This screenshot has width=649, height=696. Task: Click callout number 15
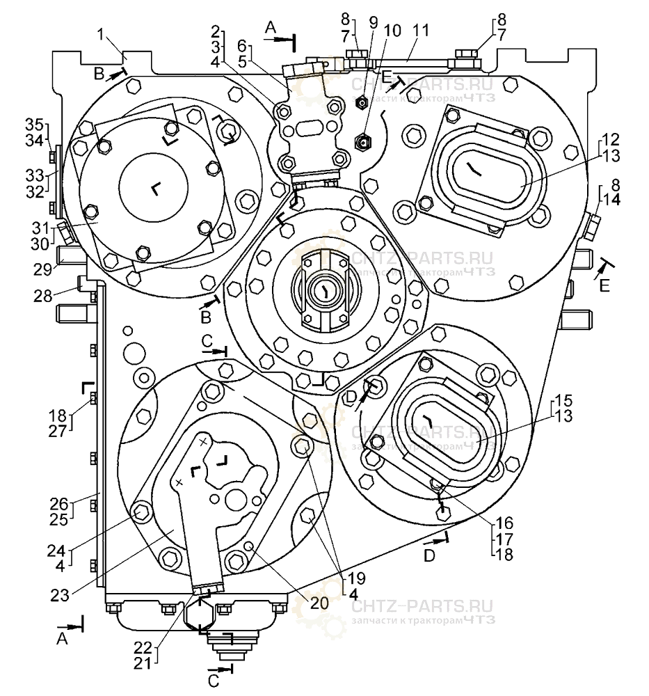564,402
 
